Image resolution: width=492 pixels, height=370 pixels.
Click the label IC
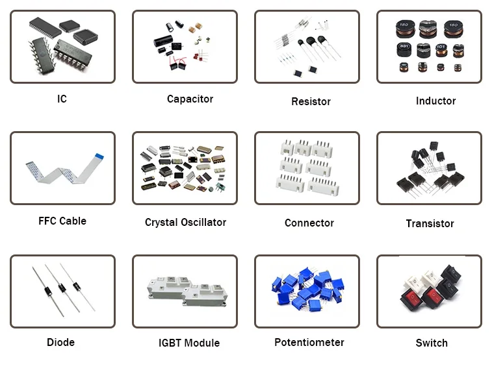[x=62, y=99]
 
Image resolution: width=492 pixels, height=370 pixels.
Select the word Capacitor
[x=190, y=99]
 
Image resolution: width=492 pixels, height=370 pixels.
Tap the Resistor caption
[x=311, y=101]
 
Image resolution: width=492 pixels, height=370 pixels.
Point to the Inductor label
[x=435, y=101]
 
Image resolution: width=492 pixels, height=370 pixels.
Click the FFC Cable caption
[x=62, y=221]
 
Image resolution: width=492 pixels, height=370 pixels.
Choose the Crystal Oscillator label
[x=185, y=223]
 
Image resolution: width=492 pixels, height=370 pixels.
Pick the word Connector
[x=309, y=223]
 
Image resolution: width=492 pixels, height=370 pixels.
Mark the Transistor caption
[x=430, y=224]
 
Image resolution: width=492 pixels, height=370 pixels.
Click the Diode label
[x=60, y=343]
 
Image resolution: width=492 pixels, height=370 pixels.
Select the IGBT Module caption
[x=189, y=343]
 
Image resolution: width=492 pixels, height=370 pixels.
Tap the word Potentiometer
[x=309, y=343]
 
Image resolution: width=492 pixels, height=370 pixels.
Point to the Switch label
[x=432, y=343]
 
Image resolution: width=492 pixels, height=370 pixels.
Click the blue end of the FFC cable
[x=99, y=156]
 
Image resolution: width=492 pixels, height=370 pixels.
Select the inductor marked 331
[x=404, y=49]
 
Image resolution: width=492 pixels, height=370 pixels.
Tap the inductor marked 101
[x=441, y=50]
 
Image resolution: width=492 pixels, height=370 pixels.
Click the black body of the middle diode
[x=62, y=288]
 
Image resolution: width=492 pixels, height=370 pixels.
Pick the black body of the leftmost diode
[x=48, y=291]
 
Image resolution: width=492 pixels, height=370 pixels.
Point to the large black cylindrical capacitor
[x=163, y=41]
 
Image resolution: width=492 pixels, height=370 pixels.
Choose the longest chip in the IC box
[x=45, y=27]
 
